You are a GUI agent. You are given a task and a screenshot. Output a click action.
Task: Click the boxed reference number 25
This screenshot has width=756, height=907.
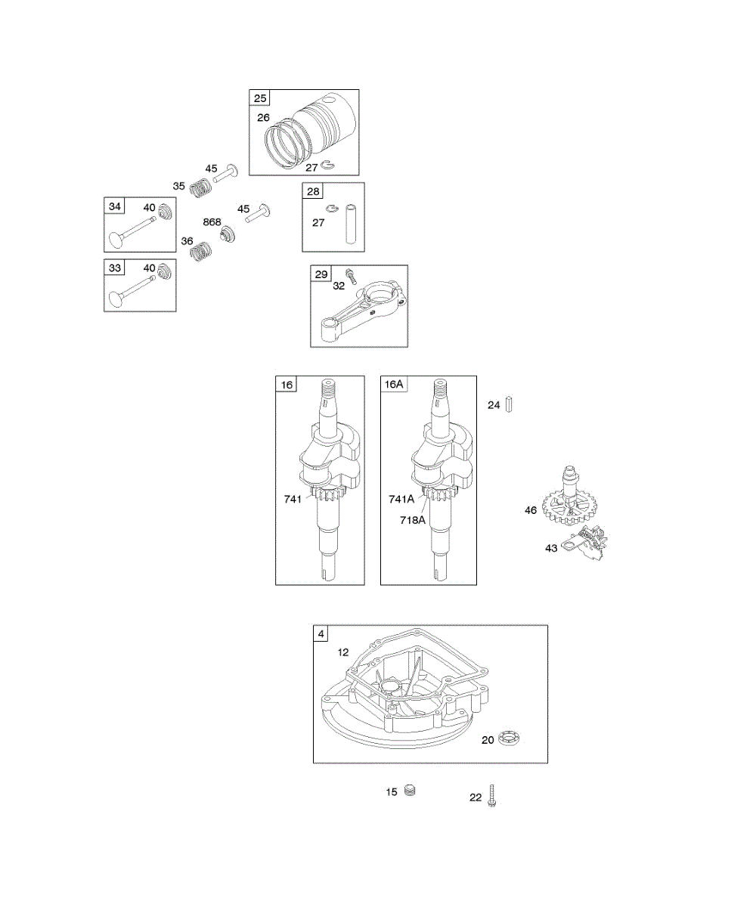pyautogui.click(x=260, y=98)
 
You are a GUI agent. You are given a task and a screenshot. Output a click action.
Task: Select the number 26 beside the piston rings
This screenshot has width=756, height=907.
pyautogui.click(x=263, y=117)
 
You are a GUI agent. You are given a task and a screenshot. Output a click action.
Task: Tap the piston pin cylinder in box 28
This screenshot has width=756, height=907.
pyautogui.click(x=350, y=222)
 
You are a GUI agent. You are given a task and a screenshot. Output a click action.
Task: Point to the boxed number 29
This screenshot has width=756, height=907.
pyautogui.click(x=321, y=274)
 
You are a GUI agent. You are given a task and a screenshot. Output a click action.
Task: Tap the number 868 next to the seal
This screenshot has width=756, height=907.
pyautogui.click(x=212, y=221)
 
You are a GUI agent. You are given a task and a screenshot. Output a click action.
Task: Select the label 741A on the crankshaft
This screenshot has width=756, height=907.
pyautogui.click(x=401, y=499)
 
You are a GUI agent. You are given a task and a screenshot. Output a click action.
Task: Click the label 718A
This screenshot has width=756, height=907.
pyautogui.click(x=414, y=519)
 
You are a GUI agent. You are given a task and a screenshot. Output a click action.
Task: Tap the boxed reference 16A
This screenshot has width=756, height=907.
pyautogui.click(x=394, y=385)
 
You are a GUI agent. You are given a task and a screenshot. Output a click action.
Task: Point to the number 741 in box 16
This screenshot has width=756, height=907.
pyautogui.click(x=293, y=499)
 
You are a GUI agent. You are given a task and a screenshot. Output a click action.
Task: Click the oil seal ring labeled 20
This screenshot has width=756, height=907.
pyautogui.click(x=507, y=738)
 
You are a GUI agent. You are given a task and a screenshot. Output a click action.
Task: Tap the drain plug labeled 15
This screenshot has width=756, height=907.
pyautogui.click(x=411, y=791)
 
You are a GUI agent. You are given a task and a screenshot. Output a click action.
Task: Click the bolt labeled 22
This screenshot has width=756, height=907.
pyautogui.click(x=492, y=796)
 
